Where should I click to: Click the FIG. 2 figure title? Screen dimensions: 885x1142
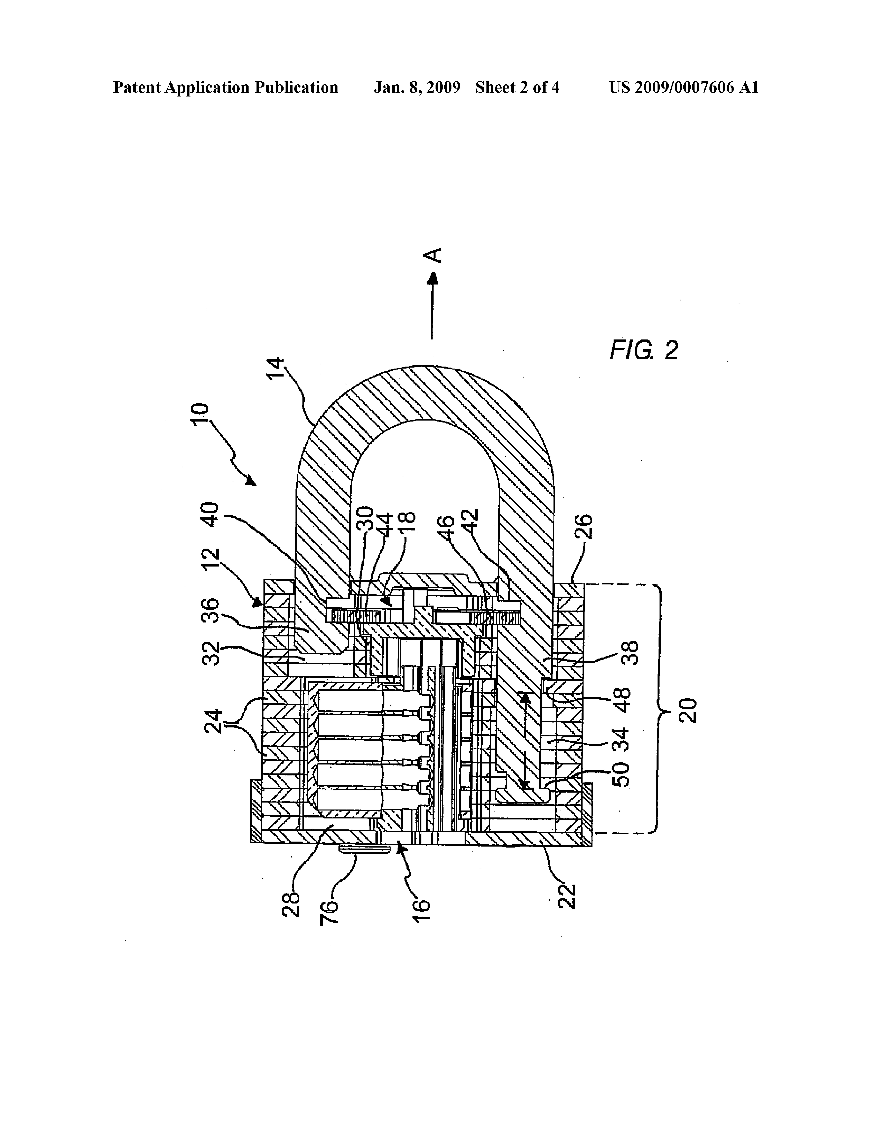[x=644, y=350]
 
